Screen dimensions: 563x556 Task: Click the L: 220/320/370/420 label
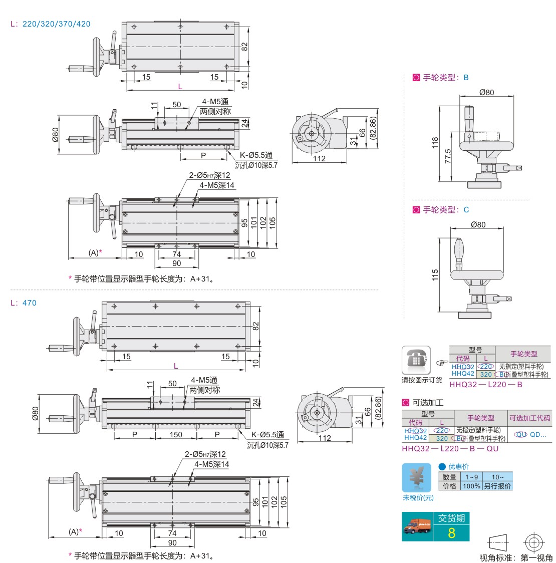pyautogui.click(x=50, y=24)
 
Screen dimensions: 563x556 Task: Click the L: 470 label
pyautogui.click(x=23, y=303)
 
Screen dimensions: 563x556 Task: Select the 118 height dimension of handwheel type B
pyautogui.click(x=435, y=143)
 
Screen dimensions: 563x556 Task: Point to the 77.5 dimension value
pyautogui.click(x=448, y=156)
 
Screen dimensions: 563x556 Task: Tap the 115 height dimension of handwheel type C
pyautogui.click(x=435, y=274)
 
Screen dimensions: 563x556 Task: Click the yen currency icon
pyautogui.click(x=416, y=478)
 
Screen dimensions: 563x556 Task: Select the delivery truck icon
pyautogui.click(x=417, y=526)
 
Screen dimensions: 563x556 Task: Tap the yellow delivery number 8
pyautogui.click(x=451, y=533)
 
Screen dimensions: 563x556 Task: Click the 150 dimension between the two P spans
pyautogui.click(x=176, y=434)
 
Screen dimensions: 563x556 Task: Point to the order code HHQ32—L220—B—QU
pyautogui.click(x=450, y=449)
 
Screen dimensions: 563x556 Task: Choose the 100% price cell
pyautogui.click(x=471, y=486)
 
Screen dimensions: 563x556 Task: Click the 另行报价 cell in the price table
pyautogui.click(x=497, y=486)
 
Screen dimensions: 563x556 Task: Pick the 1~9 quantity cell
pyautogui.click(x=471, y=477)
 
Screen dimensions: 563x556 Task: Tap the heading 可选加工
pyautogui.click(x=428, y=403)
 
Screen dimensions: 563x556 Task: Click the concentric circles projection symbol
pyautogui.click(x=534, y=543)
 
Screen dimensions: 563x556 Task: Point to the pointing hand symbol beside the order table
pyautogui.click(x=441, y=363)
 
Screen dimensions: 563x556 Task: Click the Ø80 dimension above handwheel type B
pyautogui.click(x=486, y=92)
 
